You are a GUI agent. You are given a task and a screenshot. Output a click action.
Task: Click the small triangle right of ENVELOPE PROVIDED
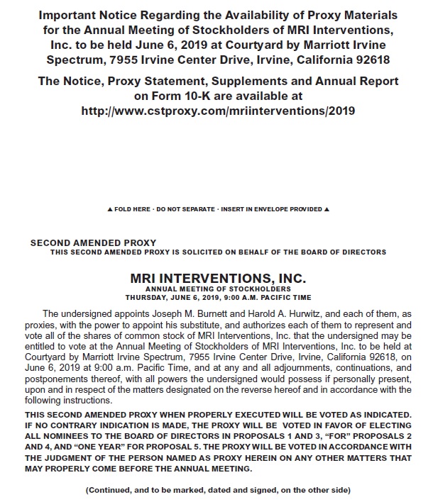click(x=327, y=210)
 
